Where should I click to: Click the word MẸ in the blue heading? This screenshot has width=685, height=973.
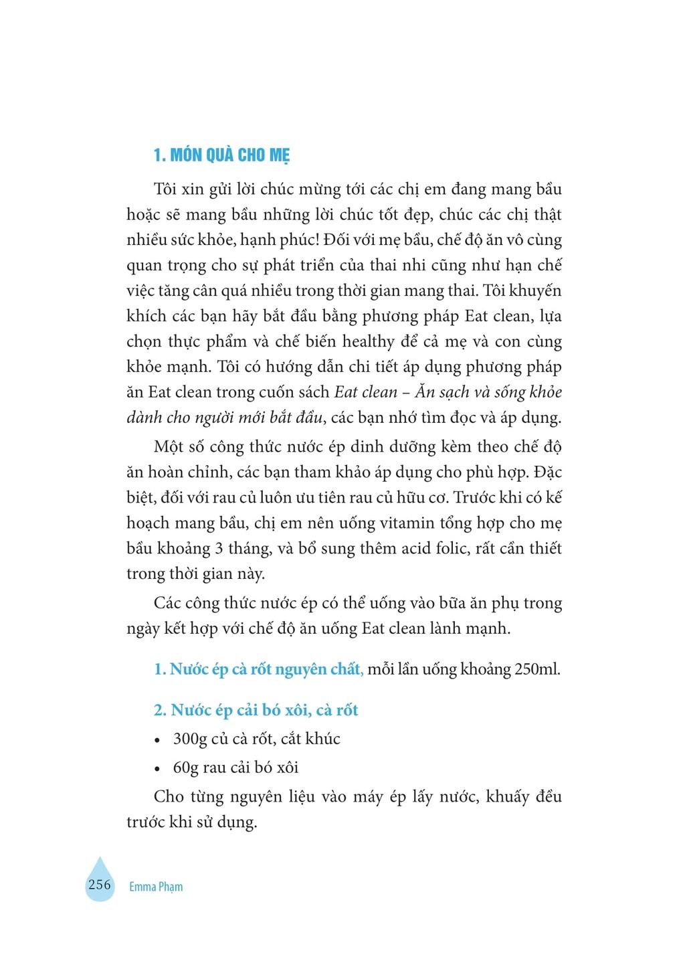pos(280,157)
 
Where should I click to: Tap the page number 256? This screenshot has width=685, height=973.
pos(99,884)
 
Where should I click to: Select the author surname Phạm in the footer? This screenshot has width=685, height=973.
pos(169,887)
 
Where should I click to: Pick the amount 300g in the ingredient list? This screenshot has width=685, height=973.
pos(188,739)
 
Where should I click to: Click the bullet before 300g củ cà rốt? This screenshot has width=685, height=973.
pos(158,741)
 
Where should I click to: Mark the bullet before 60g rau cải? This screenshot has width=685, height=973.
pos(158,769)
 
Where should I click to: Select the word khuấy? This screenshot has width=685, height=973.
pos(504,797)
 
